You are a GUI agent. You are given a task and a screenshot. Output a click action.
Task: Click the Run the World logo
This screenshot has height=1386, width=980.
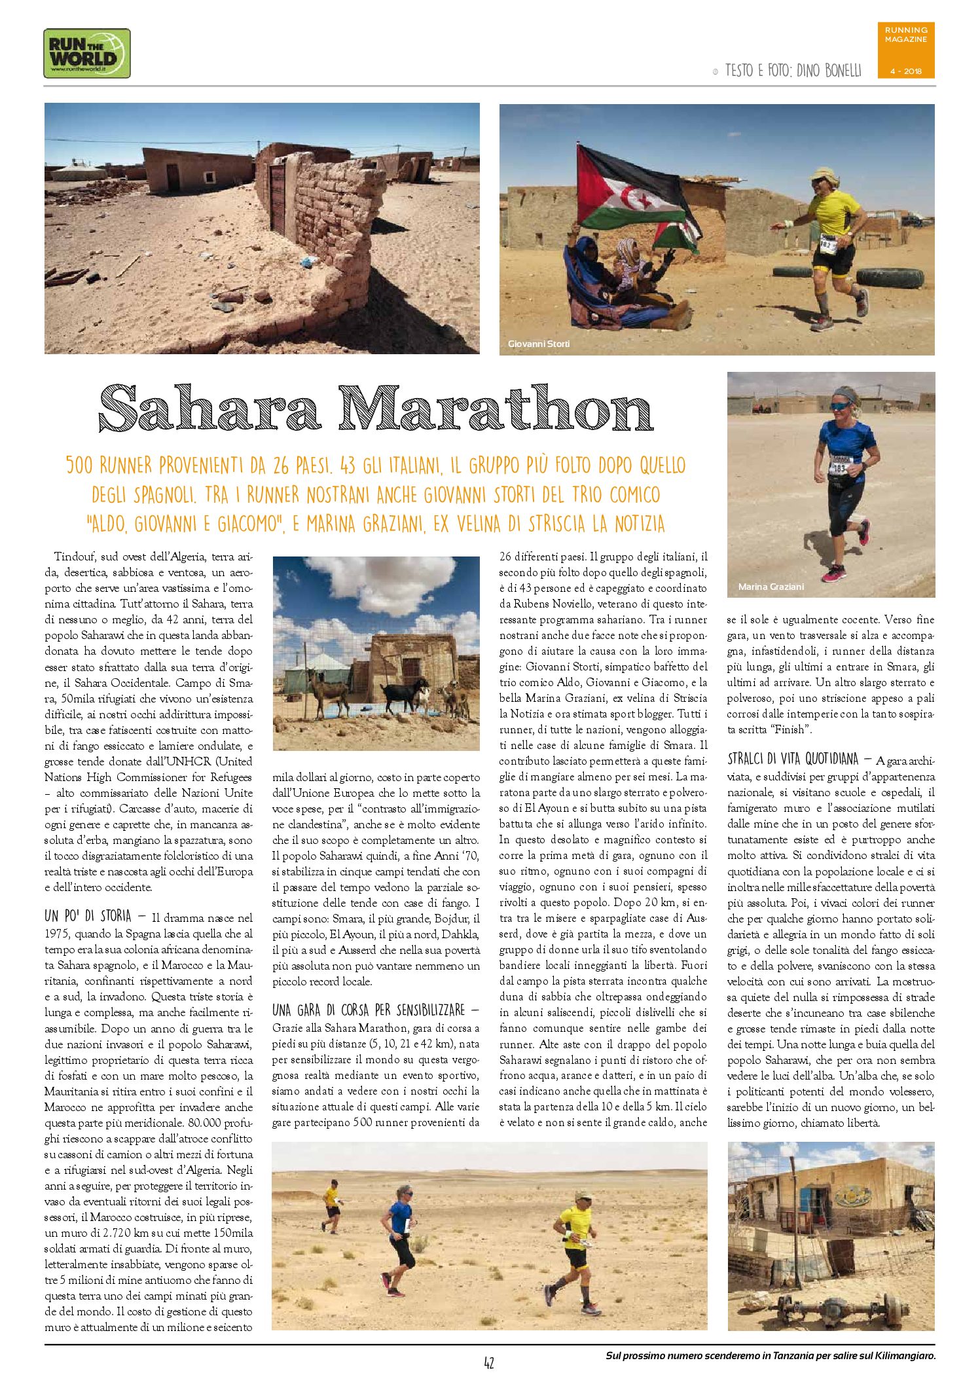click(x=86, y=53)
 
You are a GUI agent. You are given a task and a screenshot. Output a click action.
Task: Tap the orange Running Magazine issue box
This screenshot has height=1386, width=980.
click(x=905, y=50)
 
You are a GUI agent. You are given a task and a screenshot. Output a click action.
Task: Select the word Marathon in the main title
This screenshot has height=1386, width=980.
click(x=496, y=409)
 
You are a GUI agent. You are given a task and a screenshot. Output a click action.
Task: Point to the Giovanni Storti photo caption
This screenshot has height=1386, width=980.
click(x=538, y=344)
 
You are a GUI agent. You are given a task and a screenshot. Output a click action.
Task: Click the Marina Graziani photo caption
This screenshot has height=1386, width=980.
click(x=771, y=587)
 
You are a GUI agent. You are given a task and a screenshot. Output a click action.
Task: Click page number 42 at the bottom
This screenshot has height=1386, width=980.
click(x=488, y=1363)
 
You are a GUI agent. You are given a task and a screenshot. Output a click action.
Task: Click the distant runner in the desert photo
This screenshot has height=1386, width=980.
click(x=333, y=1206)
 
